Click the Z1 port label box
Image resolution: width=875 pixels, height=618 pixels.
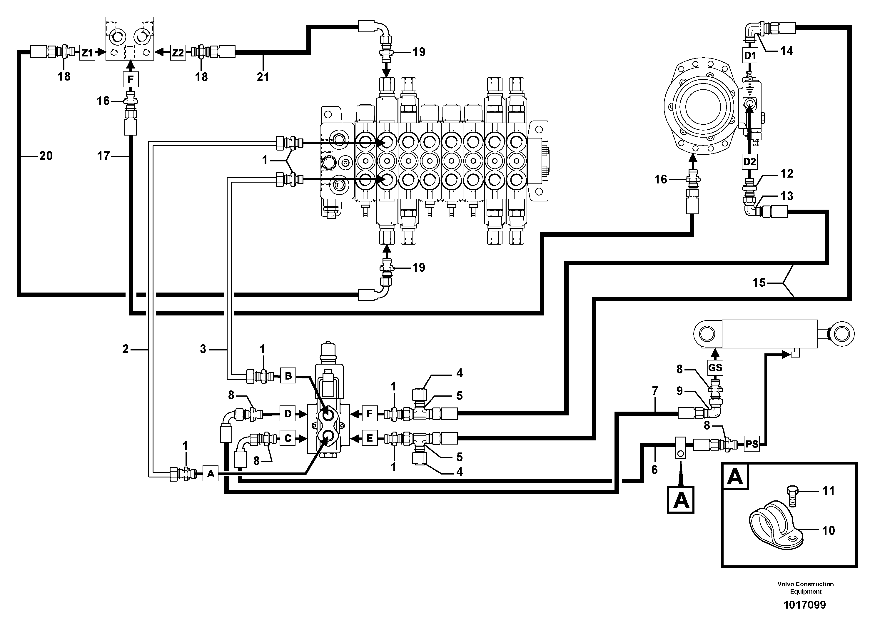pyautogui.click(x=87, y=53)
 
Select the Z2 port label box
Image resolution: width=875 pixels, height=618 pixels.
pyautogui.click(x=178, y=53)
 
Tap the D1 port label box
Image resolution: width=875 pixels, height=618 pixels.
pyautogui.click(x=750, y=56)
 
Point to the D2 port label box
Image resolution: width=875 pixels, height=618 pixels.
pyautogui.click(x=749, y=161)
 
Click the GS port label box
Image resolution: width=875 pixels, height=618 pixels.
pyautogui.click(x=715, y=368)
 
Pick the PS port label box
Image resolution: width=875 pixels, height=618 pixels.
pyautogui.click(x=752, y=444)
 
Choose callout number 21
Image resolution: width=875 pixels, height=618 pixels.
pyautogui.click(x=263, y=77)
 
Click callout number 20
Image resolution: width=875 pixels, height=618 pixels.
pyautogui.click(x=46, y=156)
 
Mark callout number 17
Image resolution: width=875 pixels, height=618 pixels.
pyautogui.click(x=103, y=156)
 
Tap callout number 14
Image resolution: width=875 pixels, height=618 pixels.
pyautogui.click(x=787, y=51)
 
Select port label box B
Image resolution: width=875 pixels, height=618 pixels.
pyautogui.click(x=288, y=376)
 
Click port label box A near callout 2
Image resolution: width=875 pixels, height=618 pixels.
pyautogui.click(x=210, y=474)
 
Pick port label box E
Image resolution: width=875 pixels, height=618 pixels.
pyautogui.click(x=369, y=438)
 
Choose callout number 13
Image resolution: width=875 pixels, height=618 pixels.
pyautogui.click(x=787, y=196)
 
